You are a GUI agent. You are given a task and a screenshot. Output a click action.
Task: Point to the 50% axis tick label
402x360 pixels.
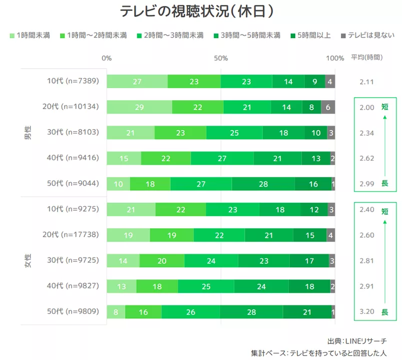pyautogui.click(x=221, y=58)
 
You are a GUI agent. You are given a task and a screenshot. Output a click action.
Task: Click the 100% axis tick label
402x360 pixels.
pyautogui.click(x=335, y=58)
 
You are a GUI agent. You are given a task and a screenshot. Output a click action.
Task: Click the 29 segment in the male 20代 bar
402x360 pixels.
pyautogui.click(x=139, y=107)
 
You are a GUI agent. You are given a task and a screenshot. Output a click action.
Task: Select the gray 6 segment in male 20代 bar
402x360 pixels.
pyautogui.click(x=328, y=107)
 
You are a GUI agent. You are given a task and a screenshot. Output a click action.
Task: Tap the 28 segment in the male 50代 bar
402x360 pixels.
pyautogui.click(x=263, y=184)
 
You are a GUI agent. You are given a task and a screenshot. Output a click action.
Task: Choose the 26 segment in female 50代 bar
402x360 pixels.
pyautogui.click(x=191, y=311)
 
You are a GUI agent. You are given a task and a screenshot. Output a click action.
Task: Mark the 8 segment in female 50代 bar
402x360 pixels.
pyautogui.click(x=116, y=311)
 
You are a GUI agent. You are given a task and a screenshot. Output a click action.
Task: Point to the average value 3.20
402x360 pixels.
pyautogui.click(x=367, y=311)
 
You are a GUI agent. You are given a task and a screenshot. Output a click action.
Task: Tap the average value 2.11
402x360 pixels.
pyautogui.click(x=367, y=82)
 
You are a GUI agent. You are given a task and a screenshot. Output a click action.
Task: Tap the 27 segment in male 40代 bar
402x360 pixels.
pyautogui.click(x=222, y=158)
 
